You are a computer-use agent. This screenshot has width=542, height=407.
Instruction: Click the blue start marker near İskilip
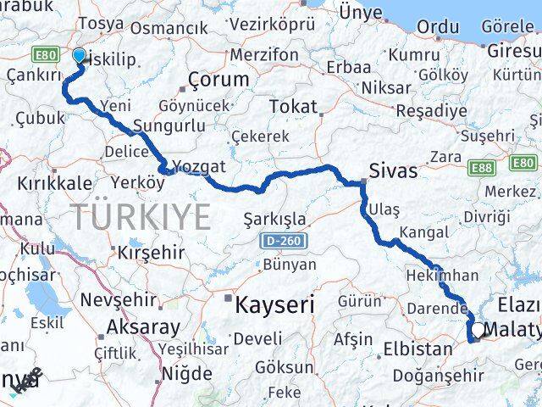tap(79, 57)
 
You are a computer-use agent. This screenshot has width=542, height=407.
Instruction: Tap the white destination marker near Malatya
tap(478, 331)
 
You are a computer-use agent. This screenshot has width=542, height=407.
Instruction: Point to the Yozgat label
tap(200, 166)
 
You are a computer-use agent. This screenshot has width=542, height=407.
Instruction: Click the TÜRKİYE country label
tap(141, 217)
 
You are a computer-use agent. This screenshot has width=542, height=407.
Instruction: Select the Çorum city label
tap(218, 80)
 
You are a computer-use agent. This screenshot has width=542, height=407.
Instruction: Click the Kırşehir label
tap(151, 253)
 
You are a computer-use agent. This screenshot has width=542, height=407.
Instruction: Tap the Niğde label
tap(186, 372)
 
